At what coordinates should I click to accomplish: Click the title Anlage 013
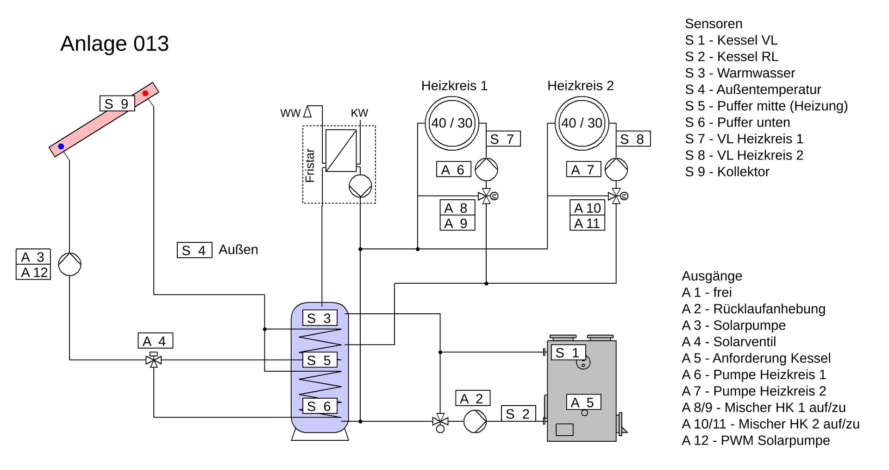coord(114,44)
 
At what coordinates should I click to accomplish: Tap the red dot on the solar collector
coord(145,93)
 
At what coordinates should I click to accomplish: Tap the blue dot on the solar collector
coord(61,146)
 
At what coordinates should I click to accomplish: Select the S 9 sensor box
coord(117,103)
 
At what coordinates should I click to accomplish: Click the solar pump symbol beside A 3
coord(70,264)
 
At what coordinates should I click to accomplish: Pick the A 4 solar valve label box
coord(155,341)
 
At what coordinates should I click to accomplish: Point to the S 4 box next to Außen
coord(194,250)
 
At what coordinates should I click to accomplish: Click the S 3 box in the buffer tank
coord(319,318)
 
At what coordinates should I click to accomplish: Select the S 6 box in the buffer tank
coord(319,406)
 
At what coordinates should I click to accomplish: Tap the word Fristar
coord(310,165)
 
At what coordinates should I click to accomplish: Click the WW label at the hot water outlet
coord(290,114)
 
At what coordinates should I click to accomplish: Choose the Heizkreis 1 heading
coord(454,86)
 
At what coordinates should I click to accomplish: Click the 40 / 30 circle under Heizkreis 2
coord(582,123)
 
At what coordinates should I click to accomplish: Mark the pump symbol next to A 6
coord(486,169)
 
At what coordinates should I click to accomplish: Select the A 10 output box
coord(587,208)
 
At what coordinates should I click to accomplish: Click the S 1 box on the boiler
coord(568,353)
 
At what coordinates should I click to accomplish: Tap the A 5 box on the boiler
coord(583,402)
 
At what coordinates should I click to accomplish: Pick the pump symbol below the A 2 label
coord(475,421)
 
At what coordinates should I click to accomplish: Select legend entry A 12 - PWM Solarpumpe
coord(756,440)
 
